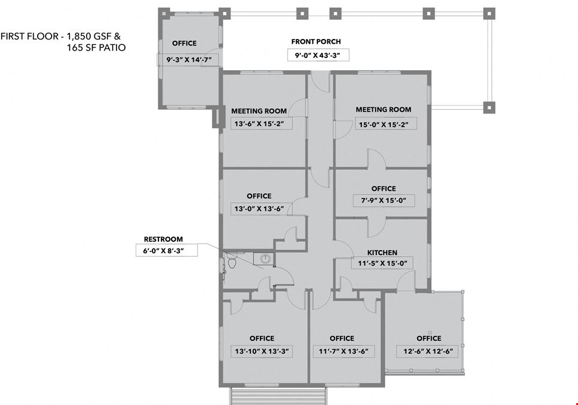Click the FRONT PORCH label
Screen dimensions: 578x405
pyautogui.click(x=316, y=41)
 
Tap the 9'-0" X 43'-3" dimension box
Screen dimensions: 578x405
pyautogui.click(x=318, y=55)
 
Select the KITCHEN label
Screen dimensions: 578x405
pyautogui.click(x=382, y=253)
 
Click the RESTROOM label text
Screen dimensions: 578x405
pyautogui.click(x=163, y=239)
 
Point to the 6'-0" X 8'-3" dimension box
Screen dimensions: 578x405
pyautogui.click(x=167, y=251)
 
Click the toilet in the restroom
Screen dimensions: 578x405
pyautogui.click(x=232, y=263)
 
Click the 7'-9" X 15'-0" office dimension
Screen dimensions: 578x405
pyautogui.click(x=384, y=200)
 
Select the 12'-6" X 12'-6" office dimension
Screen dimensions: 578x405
pyautogui.click(x=428, y=351)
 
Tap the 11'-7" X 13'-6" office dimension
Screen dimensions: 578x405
pyautogui.click(x=343, y=351)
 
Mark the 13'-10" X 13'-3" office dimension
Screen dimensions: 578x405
pyautogui.click(x=262, y=351)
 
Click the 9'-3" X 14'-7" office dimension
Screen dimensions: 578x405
pyautogui.click(x=189, y=59)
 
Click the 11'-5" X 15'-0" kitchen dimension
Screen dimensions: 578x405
pyautogui.click(x=382, y=263)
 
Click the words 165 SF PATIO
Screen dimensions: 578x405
pyautogui.click(x=96, y=47)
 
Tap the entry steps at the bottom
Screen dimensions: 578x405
pyautogui.click(x=278, y=396)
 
